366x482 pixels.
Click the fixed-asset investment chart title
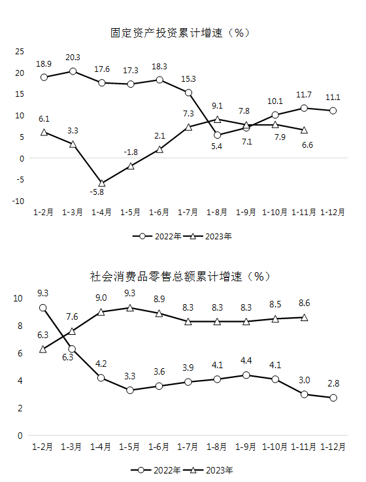pos(180,33)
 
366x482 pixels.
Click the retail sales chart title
pos(180,277)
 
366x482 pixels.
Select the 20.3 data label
pos(73,58)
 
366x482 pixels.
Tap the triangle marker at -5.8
pos(102,184)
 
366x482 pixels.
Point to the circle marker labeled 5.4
pos(217,135)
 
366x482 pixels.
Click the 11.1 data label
pos(333,97)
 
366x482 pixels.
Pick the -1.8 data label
pos(131,152)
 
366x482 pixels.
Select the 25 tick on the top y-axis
pos(20,51)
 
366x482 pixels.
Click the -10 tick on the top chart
pos(18,201)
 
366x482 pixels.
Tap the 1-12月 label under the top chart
pos(333,212)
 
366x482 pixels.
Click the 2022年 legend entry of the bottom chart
pos(156,470)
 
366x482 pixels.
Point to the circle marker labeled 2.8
pos(333,398)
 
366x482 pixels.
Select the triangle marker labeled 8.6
pos(304,318)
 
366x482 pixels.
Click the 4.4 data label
pos(246,360)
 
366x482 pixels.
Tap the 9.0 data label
pos(101,298)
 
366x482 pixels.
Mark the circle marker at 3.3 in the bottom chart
pos(130,390)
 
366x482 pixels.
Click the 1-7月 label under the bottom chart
pos(188,447)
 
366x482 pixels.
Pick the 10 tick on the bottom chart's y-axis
pos(18,298)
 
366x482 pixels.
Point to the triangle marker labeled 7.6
pos(72,332)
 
